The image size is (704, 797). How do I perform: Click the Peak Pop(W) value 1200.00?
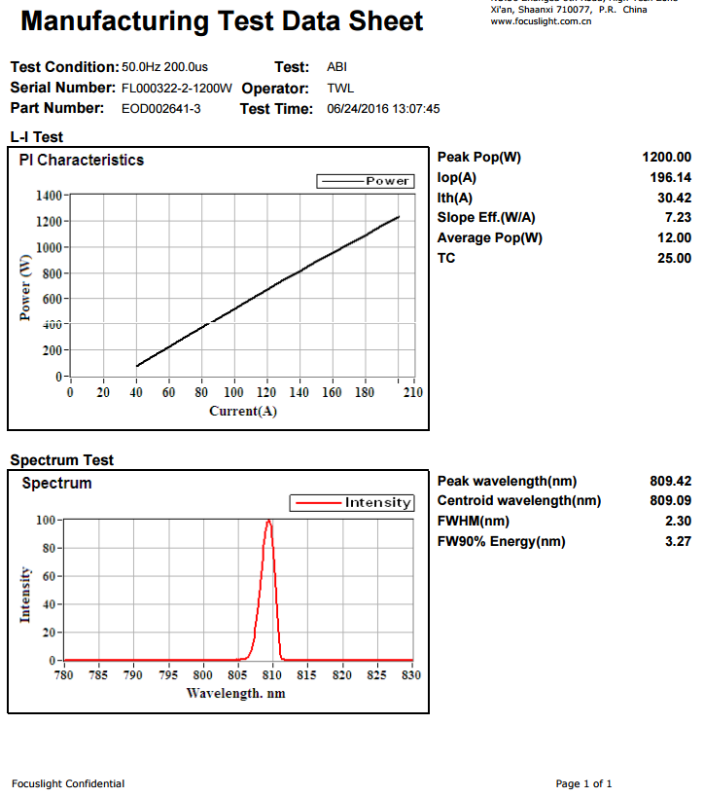pyautogui.click(x=666, y=158)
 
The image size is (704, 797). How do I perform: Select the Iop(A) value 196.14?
pyautogui.click(x=671, y=178)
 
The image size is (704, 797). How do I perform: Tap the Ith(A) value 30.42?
pyautogui.click(x=674, y=199)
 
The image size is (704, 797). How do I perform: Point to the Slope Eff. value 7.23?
pyautogui.click(x=678, y=218)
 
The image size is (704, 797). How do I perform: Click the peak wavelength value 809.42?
pyautogui.click(x=671, y=481)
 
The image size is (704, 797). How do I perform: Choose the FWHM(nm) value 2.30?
pyautogui.click(x=678, y=522)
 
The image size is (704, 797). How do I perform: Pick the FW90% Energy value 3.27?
pyautogui.click(x=678, y=542)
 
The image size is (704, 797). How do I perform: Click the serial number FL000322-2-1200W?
pyautogui.click(x=177, y=89)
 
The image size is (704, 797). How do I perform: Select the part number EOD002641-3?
pyautogui.click(x=161, y=109)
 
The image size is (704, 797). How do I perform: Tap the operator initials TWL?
pyautogui.click(x=340, y=89)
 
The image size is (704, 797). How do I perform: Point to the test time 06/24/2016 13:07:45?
pyautogui.click(x=383, y=109)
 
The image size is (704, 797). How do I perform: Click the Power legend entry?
pyautogui.click(x=366, y=181)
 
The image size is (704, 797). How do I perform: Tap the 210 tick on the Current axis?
pyautogui.click(x=413, y=393)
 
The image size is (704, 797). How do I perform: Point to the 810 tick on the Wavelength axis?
pyautogui.click(x=272, y=675)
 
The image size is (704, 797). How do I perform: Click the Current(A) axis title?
pyautogui.click(x=243, y=412)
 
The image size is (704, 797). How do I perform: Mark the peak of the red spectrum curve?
pyautogui.click(x=268, y=521)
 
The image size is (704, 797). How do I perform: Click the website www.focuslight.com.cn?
pyautogui.click(x=541, y=20)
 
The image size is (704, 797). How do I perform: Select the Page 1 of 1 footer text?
pyautogui.click(x=583, y=783)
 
